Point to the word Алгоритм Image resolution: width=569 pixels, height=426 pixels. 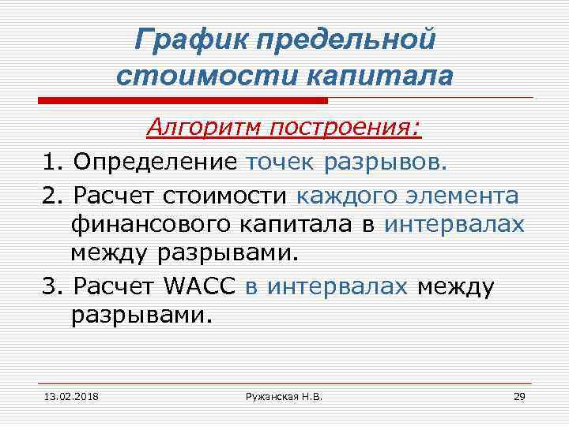point(205,126)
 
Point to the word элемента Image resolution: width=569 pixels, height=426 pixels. point(466,196)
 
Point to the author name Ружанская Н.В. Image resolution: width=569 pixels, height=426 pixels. point(284,394)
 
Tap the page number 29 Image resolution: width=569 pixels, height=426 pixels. point(519,394)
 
